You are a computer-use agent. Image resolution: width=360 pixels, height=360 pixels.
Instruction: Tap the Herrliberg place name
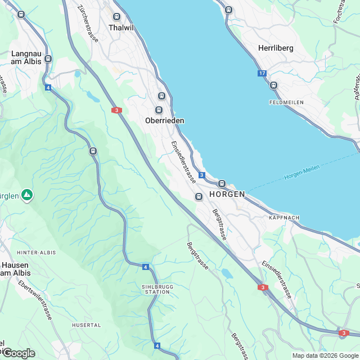pyautogui.click(x=276, y=48)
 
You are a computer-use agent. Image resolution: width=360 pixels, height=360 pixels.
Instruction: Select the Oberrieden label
pyautogui.click(x=164, y=120)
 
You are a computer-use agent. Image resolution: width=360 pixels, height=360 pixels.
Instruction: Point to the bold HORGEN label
pyautogui.click(x=227, y=194)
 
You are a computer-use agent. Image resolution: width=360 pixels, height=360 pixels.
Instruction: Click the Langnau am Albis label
pyautogui.click(x=26, y=57)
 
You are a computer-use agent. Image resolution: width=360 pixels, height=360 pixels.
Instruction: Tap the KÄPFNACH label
pyautogui.click(x=284, y=217)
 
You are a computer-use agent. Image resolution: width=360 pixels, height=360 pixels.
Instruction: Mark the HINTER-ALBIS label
pyautogui.click(x=36, y=253)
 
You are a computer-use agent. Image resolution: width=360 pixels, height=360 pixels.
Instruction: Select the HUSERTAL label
pyautogui.click(x=86, y=325)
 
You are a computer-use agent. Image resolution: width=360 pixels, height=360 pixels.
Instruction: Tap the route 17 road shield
pyautogui.click(x=262, y=74)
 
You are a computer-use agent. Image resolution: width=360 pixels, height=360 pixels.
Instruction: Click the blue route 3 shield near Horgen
pyautogui.click(x=201, y=175)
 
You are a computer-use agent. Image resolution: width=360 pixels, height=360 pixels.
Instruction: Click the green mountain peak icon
pyautogui.click(x=26, y=195)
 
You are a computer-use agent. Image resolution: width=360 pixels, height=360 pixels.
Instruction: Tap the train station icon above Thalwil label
pyautogui.click(x=117, y=17)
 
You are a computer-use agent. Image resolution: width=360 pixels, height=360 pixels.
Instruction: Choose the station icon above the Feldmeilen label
pyautogui.click(x=273, y=85)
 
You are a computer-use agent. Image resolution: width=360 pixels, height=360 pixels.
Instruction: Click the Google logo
pyautogui.click(x=19, y=353)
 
